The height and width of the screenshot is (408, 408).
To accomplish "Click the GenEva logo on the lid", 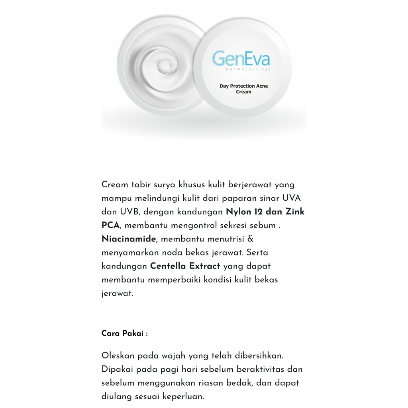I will point(241,59).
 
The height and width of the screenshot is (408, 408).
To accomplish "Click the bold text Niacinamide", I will point(128,239).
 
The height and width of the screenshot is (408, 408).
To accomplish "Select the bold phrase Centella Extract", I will point(185,266).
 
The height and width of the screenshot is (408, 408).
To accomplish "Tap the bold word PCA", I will point(110,226).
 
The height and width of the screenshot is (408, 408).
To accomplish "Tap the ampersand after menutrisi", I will point(251,239).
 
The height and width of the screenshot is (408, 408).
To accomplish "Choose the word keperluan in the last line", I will point(186,396).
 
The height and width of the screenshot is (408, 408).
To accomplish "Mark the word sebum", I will point(264,226).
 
